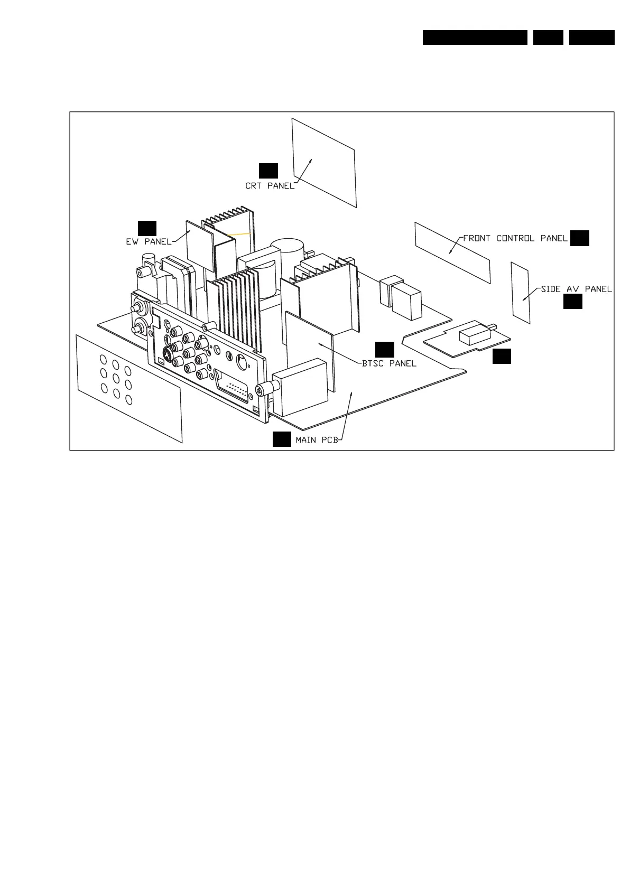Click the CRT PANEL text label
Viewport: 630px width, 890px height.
tap(270, 186)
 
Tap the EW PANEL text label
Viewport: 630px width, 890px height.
tap(149, 242)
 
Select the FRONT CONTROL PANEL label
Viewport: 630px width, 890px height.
tap(515, 238)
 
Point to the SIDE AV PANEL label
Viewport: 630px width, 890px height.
tap(576, 289)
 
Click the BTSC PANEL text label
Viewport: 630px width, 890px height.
tap(389, 363)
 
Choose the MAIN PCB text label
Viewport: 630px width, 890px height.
tap(316, 439)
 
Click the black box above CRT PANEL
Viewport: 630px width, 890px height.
tap(268, 171)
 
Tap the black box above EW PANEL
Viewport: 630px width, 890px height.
tap(147, 228)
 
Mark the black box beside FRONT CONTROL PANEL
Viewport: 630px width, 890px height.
tap(580, 238)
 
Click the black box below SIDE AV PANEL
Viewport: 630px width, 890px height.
tap(573, 302)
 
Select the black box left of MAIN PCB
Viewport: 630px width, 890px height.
tap(282, 439)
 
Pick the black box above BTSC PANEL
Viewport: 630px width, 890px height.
tap(385, 349)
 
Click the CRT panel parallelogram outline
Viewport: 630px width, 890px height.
tap(325, 162)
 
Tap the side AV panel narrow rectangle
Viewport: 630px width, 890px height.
tap(521, 292)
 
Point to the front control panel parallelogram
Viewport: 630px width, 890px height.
tap(452, 252)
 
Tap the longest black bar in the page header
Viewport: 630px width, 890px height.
tap(475, 38)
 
